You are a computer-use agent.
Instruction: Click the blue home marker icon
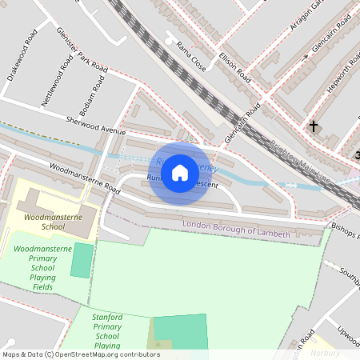[180, 173]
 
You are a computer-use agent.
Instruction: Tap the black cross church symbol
[314, 126]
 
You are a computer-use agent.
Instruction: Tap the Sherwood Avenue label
[97, 124]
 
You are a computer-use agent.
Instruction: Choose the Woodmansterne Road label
[84, 180]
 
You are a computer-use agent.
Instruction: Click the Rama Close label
[191, 56]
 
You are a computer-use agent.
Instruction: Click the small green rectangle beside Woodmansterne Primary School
[82, 260]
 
